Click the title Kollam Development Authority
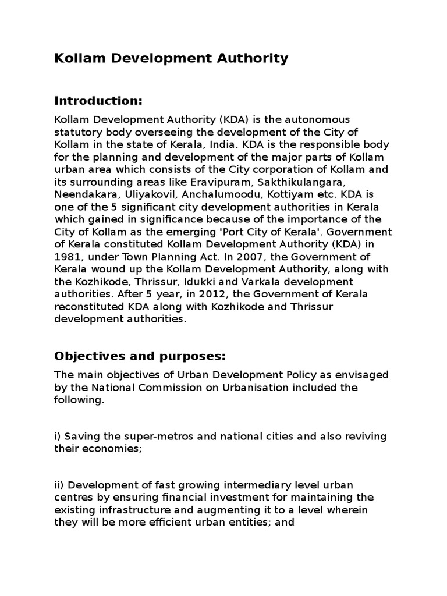(x=171, y=58)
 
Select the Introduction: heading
(x=98, y=101)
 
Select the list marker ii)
(x=61, y=485)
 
